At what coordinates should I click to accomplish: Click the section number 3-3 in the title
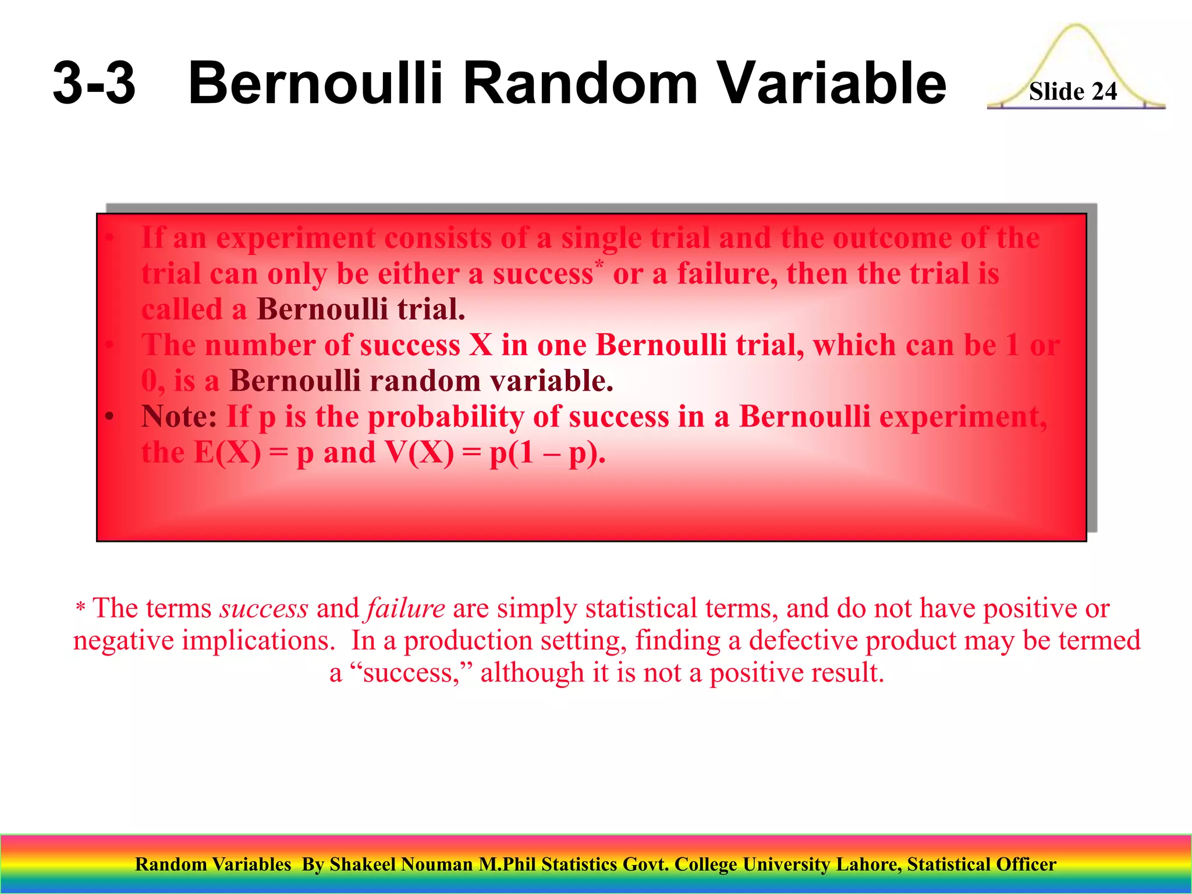[94, 84]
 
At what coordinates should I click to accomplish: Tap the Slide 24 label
[1073, 91]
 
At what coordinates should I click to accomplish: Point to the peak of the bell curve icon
[1076, 26]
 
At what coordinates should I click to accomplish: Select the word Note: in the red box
[179, 417]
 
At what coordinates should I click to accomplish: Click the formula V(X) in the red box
[419, 452]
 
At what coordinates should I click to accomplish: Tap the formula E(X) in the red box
[228, 452]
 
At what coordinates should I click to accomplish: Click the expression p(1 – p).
[547, 453]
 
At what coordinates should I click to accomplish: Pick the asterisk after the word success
[599, 263]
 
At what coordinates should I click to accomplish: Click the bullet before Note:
[109, 417]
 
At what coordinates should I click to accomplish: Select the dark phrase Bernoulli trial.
[361, 309]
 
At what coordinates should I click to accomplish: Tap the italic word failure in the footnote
[406, 609]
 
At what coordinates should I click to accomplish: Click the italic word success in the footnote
[264, 609]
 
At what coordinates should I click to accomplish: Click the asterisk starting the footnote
[80, 609]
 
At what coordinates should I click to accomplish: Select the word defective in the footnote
[803, 641]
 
